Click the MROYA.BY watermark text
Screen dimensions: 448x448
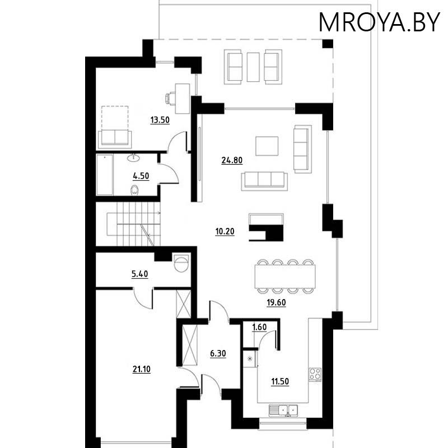379,22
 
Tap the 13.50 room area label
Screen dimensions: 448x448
160,120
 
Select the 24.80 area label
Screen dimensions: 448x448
232,160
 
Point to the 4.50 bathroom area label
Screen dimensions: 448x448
141,176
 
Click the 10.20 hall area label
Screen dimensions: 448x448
225,231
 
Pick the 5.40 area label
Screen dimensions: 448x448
139,274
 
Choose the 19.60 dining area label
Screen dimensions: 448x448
276,302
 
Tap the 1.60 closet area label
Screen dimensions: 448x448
259,327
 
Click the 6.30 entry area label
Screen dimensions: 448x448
218,354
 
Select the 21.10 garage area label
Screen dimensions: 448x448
142,370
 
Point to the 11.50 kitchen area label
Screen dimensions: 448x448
280,381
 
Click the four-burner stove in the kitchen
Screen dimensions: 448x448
315,374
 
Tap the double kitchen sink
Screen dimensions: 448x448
283,410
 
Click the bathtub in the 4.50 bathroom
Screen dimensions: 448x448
105,175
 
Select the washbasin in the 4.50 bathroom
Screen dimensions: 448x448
133,158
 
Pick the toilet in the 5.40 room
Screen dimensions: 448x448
181,263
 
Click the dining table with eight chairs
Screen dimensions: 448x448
285,277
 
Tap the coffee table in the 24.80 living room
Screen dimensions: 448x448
267,146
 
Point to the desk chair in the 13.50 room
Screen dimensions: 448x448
170,99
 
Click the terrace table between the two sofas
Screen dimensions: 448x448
253,67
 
